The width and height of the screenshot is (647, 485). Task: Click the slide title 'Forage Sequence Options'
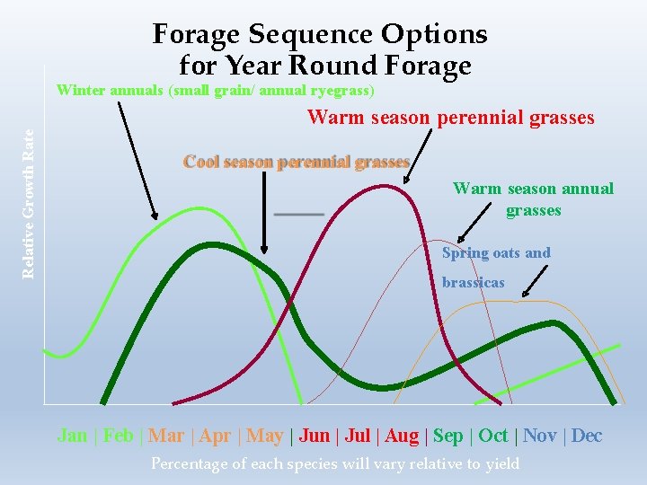click(320, 34)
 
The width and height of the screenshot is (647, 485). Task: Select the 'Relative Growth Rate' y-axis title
click(29, 202)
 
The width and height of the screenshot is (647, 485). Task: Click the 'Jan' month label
click(72, 436)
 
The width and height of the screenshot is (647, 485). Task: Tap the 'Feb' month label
click(118, 436)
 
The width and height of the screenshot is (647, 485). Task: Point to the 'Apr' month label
click(215, 436)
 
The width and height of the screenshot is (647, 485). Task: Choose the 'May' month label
click(264, 436)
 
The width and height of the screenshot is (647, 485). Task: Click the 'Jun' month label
click(314, 436)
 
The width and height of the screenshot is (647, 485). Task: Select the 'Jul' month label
click(358, 436)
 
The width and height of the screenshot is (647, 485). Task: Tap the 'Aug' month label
click(402, 436)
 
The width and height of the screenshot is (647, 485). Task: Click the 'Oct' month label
click(493, 436)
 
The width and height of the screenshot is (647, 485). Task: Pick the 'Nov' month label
click(539, 436)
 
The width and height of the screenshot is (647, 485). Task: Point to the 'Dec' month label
click(586, 436)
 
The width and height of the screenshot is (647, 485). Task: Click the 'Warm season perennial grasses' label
click(451, 118)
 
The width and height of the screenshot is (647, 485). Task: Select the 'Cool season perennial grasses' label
click(297, 162)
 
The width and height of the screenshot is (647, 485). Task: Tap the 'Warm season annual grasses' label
click(533, 199)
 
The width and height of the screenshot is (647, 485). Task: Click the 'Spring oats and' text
click(496, 253)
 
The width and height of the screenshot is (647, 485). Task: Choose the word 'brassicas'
click(473, 282)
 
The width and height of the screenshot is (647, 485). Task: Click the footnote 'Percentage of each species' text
click(334, 463)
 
